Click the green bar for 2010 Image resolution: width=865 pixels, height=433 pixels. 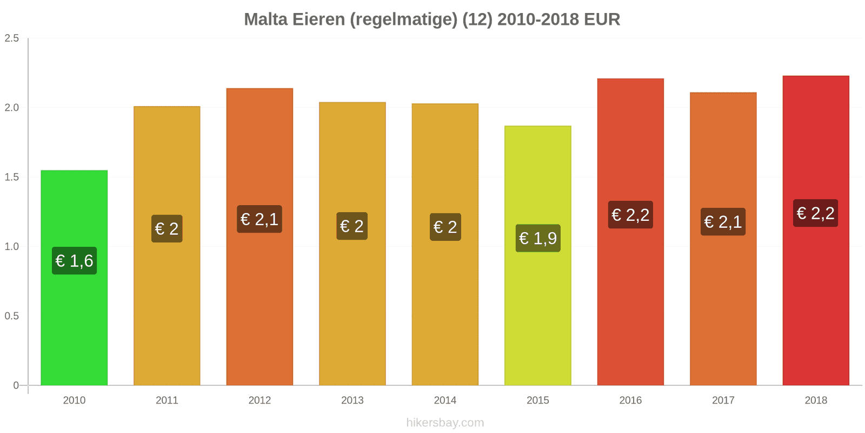(74, 278)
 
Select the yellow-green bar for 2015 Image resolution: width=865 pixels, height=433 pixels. (537, 255)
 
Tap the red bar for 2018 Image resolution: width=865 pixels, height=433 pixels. (816, 231)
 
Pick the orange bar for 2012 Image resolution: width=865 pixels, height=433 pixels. (259, 237)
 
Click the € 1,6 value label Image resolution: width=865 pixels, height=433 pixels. (74, 260)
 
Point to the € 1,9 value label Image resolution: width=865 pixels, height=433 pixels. (538, 238)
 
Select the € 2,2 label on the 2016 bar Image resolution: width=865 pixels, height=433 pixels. (630, 214)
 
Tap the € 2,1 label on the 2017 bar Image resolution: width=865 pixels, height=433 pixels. (723, 221)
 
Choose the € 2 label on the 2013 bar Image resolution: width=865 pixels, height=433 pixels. (352, 226)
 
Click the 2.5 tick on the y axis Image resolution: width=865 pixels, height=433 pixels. (11, 38)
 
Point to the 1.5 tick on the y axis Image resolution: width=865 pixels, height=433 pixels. (11, 177)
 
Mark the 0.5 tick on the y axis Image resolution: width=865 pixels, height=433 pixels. (11, 316)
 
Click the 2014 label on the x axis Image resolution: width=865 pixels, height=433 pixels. (445, 400)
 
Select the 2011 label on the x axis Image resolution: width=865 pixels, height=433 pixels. (167, 400)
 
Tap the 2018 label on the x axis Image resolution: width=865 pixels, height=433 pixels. (816, 400)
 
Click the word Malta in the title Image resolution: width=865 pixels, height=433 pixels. (265, 19)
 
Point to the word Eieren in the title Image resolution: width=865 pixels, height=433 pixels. (318, 19)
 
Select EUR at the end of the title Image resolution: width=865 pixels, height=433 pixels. (602, 19)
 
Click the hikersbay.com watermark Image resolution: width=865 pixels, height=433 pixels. (445, 423)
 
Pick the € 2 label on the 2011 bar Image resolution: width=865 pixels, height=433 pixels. (167, 228)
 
